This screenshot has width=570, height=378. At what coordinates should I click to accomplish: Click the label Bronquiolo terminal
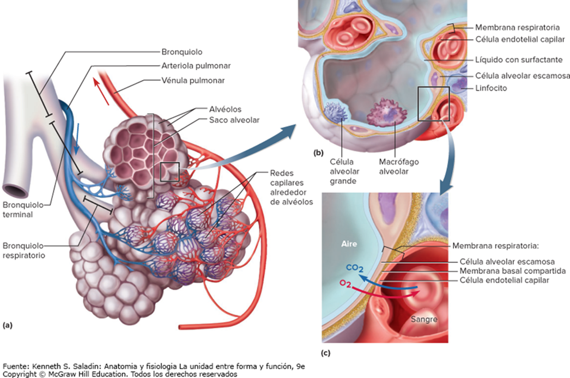tap(22, 210)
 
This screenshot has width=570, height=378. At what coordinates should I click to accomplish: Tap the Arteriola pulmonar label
tap(196, 66)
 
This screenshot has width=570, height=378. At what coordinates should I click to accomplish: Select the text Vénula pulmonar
tap(193, 80)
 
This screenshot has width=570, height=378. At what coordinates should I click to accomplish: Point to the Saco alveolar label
tap(234, 120)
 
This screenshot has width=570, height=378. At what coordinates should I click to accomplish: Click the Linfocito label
tap(491, 88)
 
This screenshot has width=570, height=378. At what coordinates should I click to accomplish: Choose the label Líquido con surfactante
tap(519, 59)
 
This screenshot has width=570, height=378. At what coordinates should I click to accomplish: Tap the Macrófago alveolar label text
tap(399, 167)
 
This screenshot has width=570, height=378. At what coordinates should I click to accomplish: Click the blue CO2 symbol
tap(354, 268)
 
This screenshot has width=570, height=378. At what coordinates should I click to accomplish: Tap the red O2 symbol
tap(345, 283)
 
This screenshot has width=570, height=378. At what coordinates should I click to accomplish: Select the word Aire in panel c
tap(349, 244)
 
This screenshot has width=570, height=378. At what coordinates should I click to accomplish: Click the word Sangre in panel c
tap(424, 320)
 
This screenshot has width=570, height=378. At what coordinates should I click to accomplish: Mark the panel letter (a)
tap(7, 325)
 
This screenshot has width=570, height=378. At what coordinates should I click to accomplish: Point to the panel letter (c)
tap(326, 353)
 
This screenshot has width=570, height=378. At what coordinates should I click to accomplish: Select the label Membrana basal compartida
tap(513, 271)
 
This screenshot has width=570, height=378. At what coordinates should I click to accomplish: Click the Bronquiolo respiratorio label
tap(23, 251)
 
